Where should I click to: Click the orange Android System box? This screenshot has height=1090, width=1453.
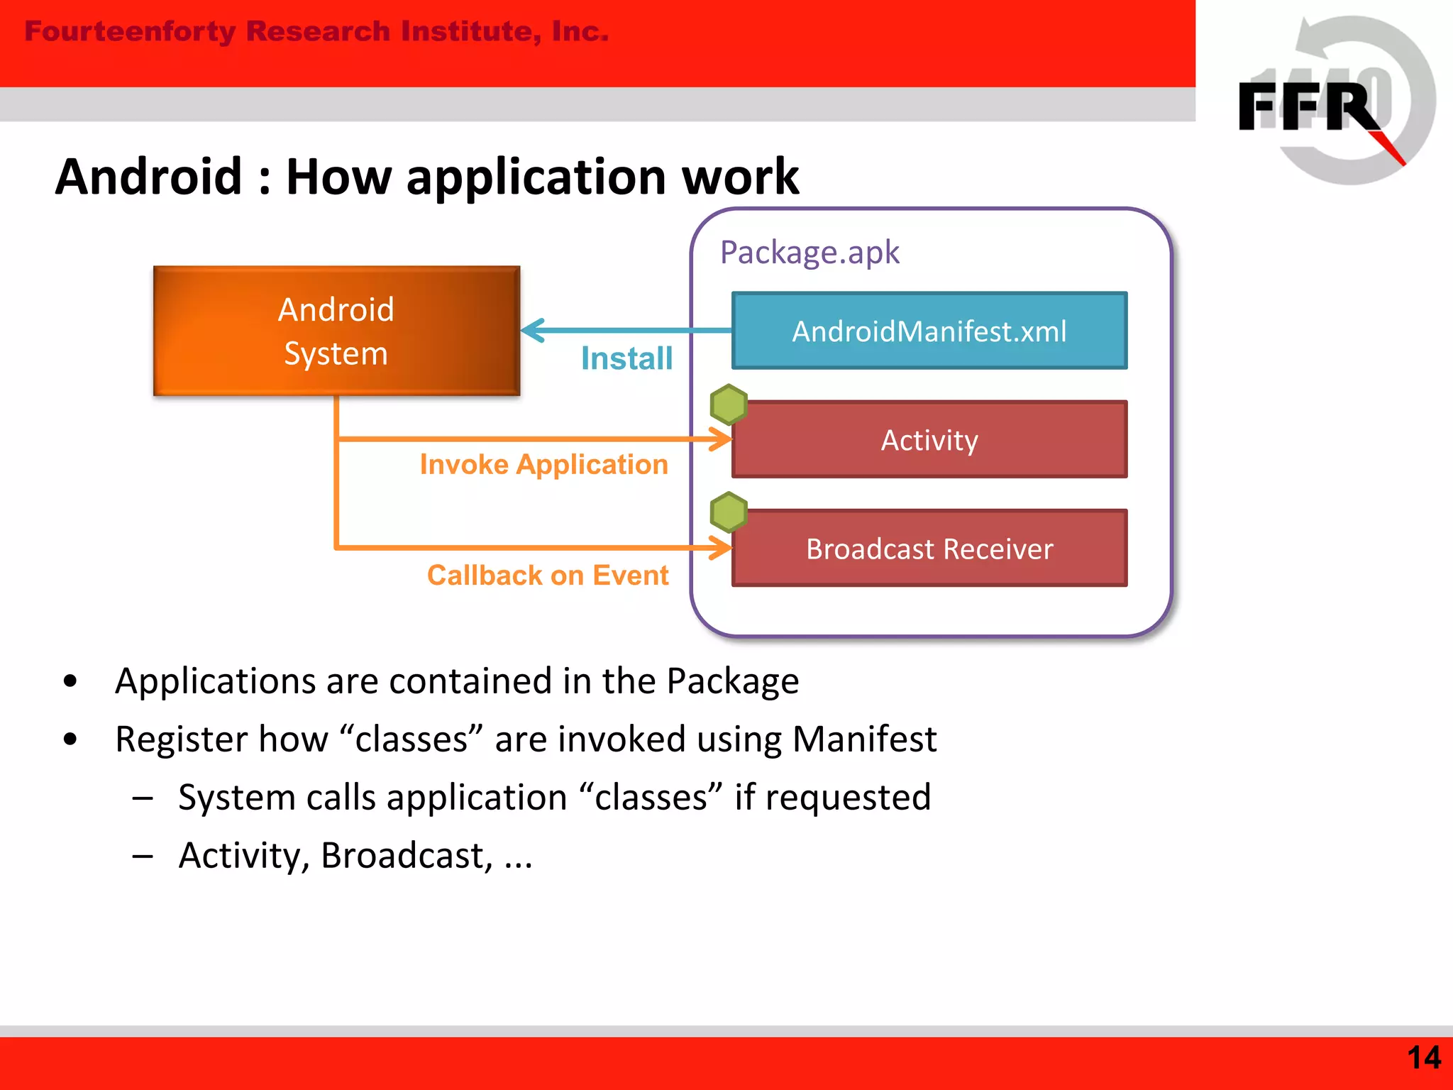tap(336, 331)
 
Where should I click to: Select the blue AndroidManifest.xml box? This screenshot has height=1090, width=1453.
tap(929, 331)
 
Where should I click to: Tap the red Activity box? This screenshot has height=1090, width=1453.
tap(929, 440)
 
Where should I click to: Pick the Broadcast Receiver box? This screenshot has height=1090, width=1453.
tap(929, 549)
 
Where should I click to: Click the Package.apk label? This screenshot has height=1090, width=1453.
tap(810, 253)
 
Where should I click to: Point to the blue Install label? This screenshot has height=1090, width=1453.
tap(626, 358)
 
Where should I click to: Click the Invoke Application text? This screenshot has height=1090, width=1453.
tap(543, 465)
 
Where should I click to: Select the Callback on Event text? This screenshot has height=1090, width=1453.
tap(548, 575)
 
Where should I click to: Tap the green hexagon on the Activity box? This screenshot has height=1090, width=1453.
tap(729, 404)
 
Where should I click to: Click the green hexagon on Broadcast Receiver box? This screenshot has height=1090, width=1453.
tap(729, 512)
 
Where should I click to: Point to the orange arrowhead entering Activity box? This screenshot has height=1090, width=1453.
tap(722, 439)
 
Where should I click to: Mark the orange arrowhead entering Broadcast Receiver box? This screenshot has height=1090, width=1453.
tap(722, 548)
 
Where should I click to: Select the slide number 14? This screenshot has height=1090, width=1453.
tap(1423, 1058)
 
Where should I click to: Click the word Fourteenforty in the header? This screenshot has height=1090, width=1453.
tap(130, 31)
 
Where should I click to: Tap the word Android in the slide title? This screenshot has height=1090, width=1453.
tap(149, 177)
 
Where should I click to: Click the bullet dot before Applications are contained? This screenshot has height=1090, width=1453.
tap(70, 681)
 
